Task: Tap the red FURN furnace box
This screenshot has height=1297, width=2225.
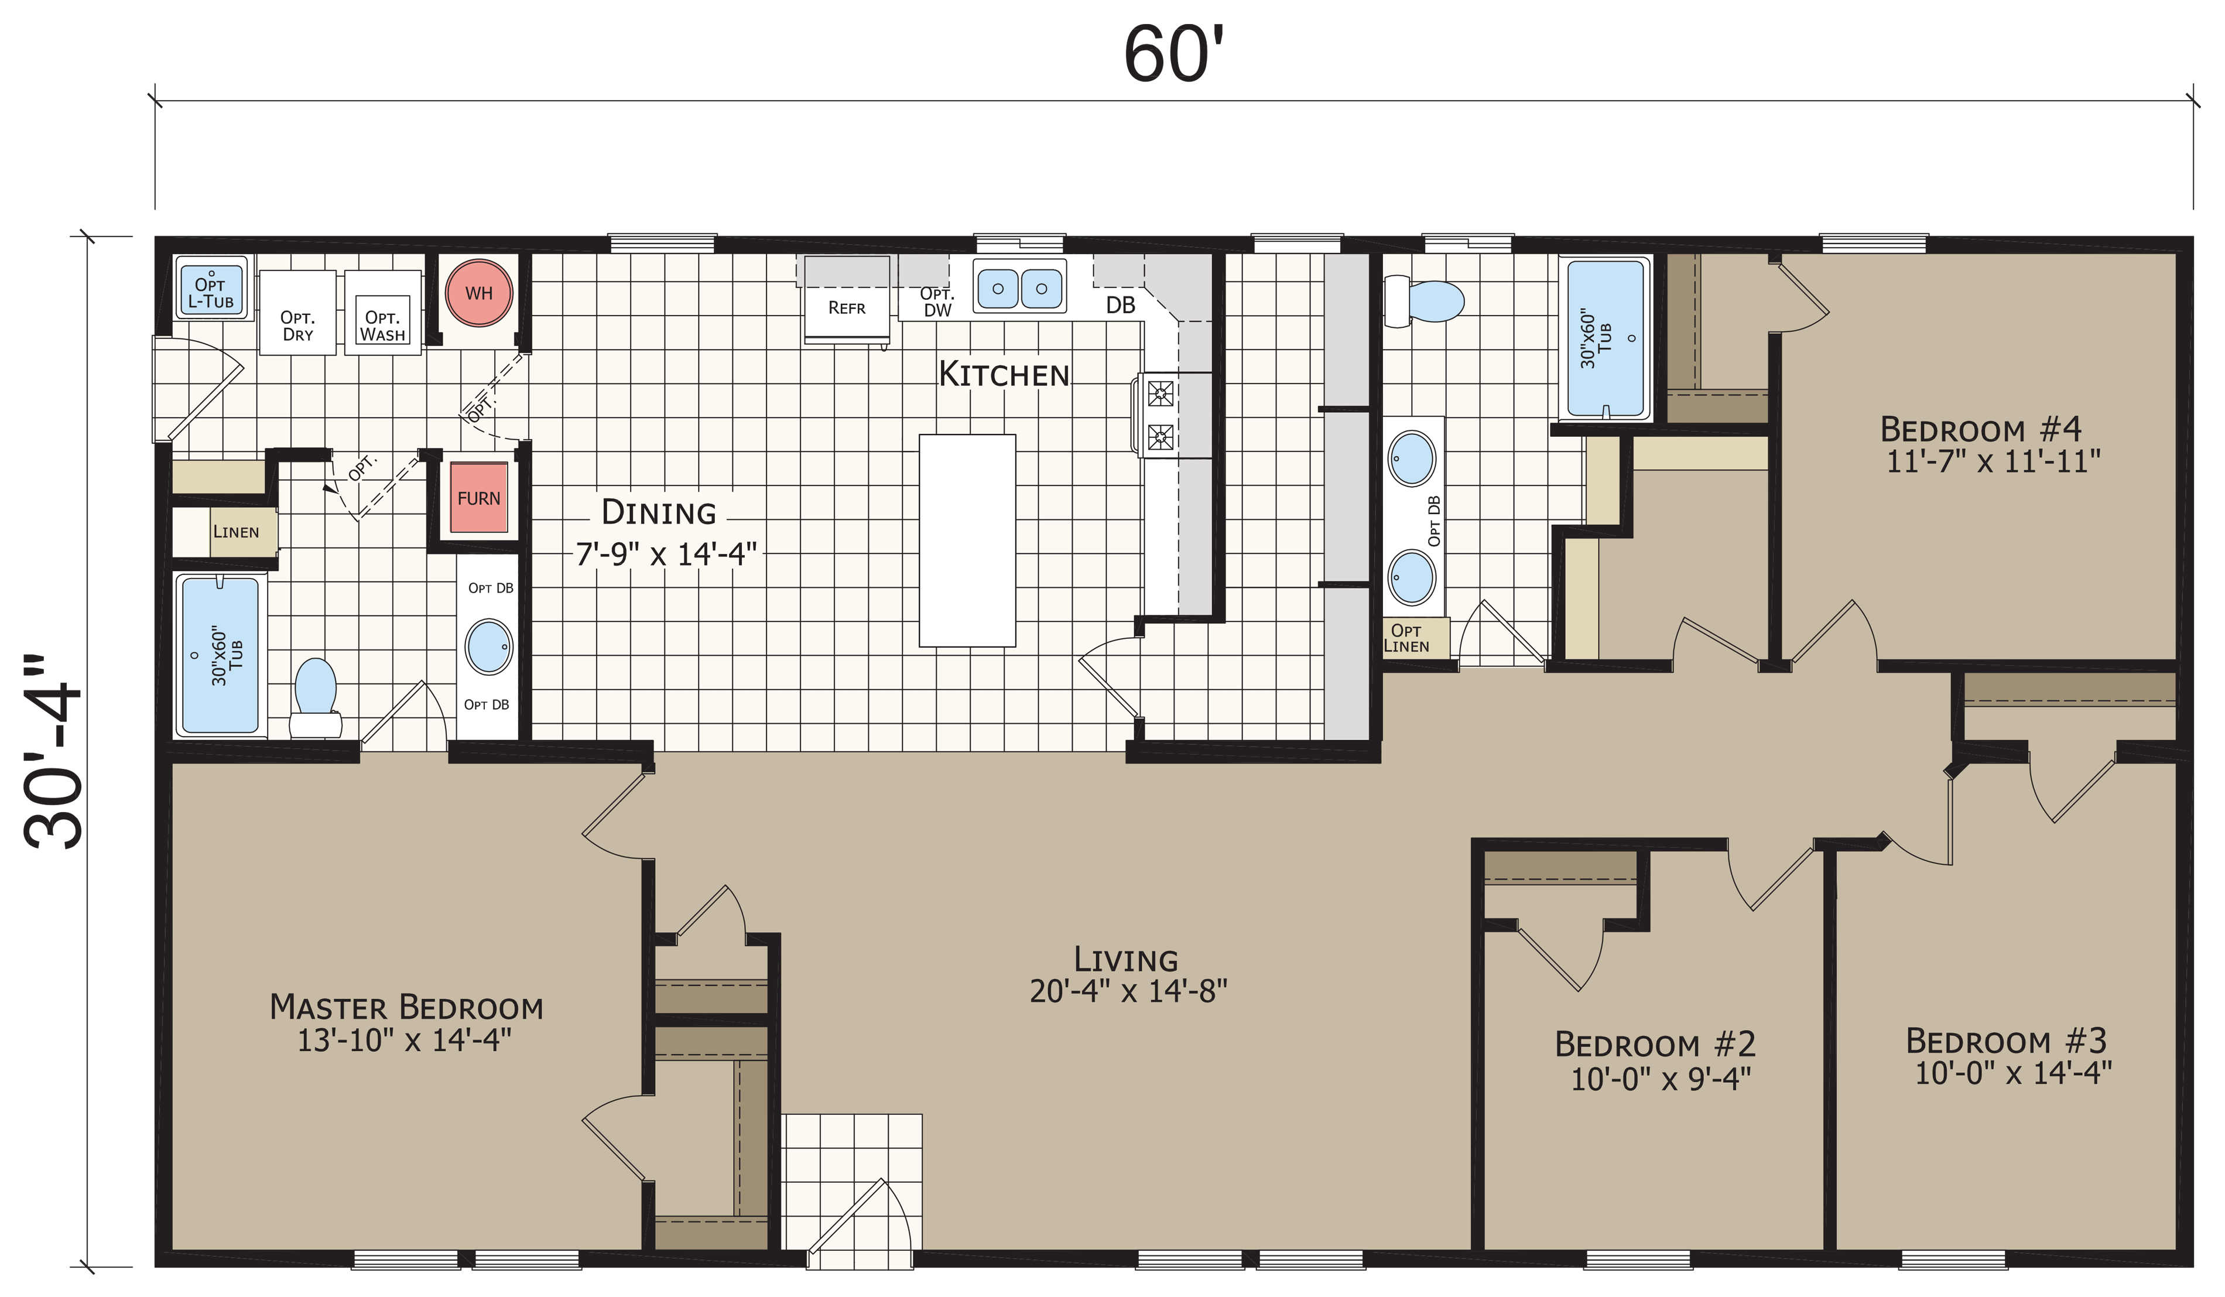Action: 478,498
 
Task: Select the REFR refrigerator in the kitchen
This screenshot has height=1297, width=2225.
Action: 847,300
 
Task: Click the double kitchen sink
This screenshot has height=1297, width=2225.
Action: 1020,287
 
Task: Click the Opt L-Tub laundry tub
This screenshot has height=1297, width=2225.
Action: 211,289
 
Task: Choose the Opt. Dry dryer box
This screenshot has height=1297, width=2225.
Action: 297,313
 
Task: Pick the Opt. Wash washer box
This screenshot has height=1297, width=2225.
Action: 382,313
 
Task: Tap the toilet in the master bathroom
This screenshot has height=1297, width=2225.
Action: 315,697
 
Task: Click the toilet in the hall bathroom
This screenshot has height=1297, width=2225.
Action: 1423,300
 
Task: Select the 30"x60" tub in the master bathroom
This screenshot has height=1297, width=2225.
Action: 221,654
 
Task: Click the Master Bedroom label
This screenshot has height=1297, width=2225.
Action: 406,1007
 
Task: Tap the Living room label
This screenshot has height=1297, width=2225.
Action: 1126,960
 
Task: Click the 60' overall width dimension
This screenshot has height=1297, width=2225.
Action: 1175,54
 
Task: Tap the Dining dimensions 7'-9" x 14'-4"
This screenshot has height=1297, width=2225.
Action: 666,553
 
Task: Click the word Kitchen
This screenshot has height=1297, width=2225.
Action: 1004,374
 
